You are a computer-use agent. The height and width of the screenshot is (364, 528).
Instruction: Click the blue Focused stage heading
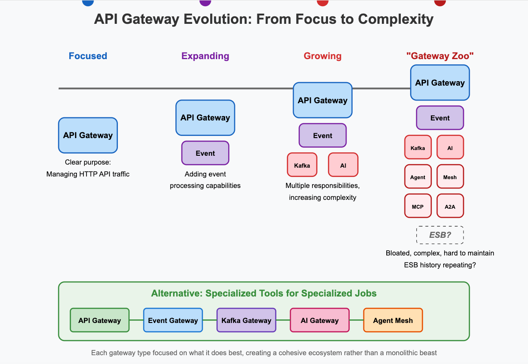(x=88, y=56)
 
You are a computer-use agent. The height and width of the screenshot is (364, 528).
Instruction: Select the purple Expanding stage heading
(x=205, y=56)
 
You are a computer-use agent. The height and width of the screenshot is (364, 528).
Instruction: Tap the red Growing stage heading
(x=323, y=56)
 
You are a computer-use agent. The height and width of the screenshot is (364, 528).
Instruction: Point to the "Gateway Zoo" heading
(x=440, y=56)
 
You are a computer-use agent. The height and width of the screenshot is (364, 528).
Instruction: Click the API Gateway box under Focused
(x=88, y=135)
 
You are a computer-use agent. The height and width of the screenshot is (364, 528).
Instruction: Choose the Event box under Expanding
(x=205, y=153)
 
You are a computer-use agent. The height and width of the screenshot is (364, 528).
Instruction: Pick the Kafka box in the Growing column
(x=302, y=165)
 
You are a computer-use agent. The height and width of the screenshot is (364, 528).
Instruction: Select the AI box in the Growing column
(x=343, y=165)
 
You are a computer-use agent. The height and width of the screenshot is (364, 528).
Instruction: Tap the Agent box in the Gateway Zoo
(x=418, y=176)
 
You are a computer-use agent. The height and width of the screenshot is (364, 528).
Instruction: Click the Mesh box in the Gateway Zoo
(x=450, y=176)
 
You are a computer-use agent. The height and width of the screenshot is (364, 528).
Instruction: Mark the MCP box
(x=418, y=206)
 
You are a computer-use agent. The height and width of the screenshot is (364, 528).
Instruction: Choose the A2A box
(x=450, y=206)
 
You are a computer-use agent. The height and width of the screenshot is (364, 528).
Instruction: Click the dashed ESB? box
(x=440, y=235)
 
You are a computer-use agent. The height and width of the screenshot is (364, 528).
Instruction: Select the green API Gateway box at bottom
(x=100, y=320)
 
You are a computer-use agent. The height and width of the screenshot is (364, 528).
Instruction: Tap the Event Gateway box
(x=173, y=320)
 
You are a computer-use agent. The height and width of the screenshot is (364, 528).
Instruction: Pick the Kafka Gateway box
(x=246, y=320)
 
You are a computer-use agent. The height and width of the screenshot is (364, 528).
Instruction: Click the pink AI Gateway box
(x=320, y=320)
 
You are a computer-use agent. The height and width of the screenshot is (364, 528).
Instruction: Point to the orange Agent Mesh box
(x=393, y=320)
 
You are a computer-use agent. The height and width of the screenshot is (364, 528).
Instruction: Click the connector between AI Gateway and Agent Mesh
(x=356, y=320)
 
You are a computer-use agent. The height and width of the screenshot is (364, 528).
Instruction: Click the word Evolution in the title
(x=217, y=19)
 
